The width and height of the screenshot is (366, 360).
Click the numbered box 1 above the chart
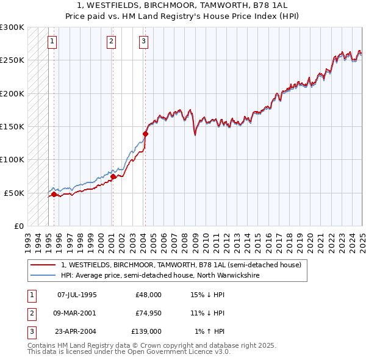click(x=52, y=41)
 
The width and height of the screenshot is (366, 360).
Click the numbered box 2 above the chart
click(x=111, y=41)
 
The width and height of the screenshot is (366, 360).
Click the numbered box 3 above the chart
click(x=143, y=41)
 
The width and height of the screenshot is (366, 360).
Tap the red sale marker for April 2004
click(x=146, y=134)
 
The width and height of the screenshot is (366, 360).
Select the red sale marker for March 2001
click(x=113, y=176)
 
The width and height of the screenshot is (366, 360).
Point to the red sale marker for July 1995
click(x=54, y=194)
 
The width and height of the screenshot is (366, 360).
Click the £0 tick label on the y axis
click(x=18, y=226)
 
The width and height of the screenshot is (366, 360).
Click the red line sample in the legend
click(x=43, y=265)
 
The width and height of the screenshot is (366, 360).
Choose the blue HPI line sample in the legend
click(x=43, y=275)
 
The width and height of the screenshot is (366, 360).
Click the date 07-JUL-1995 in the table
click(x=77, y=295)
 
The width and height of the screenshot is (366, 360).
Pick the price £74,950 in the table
click(x=148, y=313)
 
